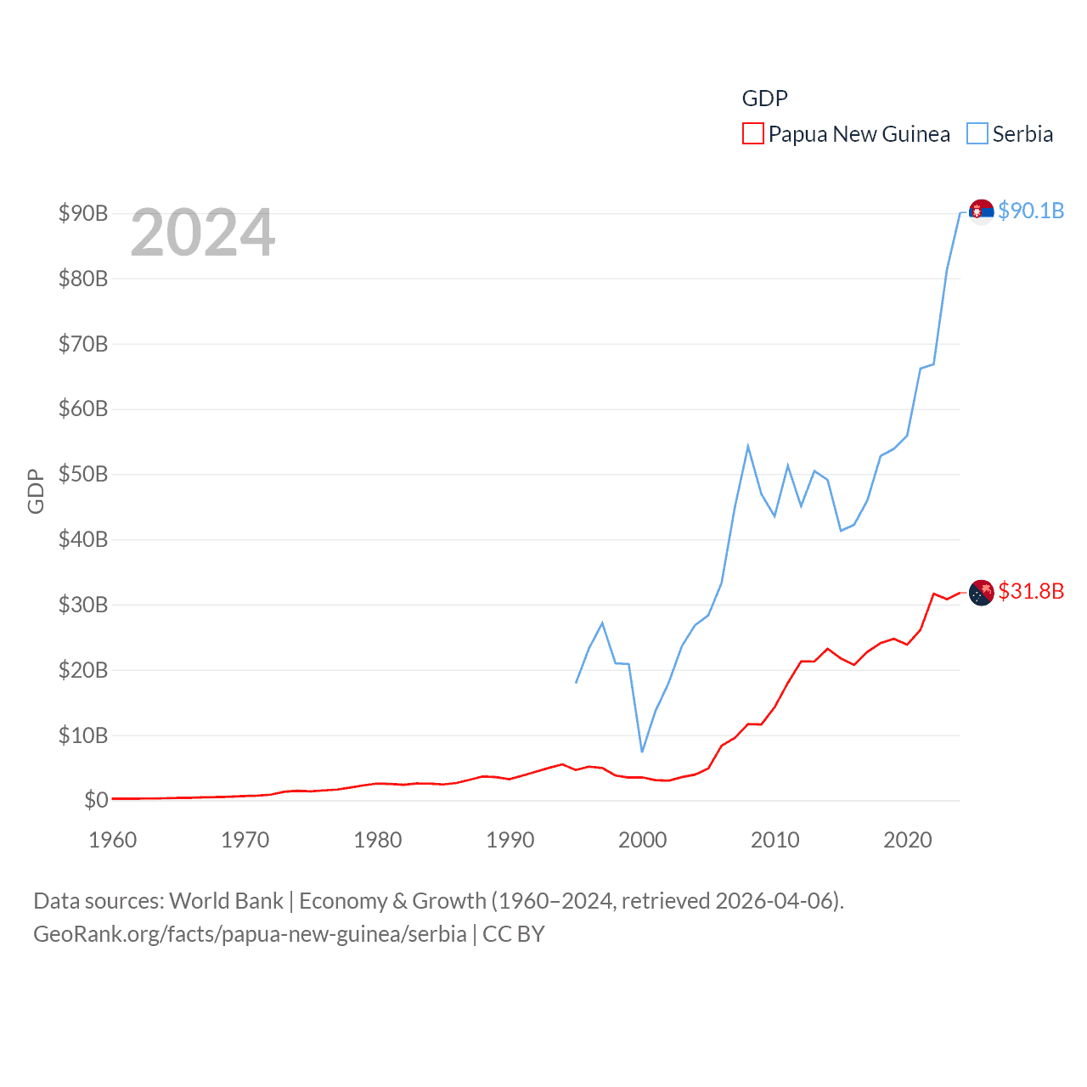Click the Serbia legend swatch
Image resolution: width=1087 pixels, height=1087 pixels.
[977, 134]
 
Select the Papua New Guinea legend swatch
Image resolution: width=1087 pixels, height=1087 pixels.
[752, 134]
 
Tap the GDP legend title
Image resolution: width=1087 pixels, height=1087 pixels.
[764, 99]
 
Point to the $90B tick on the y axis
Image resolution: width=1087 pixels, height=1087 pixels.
[83, 213]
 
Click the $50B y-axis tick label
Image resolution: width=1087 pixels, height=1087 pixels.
[83, 474]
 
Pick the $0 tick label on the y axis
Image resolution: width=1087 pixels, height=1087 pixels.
[96, 800]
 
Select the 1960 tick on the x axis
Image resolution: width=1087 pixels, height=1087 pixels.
[113, 840]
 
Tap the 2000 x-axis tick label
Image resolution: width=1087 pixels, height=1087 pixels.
[642, 840]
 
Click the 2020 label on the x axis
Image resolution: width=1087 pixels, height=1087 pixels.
[907, 840]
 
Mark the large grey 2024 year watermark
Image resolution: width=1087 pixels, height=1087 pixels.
[202, 233]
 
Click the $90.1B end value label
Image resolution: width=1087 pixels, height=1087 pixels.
[1031, 211]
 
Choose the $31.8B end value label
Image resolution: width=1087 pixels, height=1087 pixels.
[1031, 591]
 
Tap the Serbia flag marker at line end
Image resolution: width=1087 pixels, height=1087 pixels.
[982, 211]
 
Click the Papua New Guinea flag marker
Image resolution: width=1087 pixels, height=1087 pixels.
[982, 592]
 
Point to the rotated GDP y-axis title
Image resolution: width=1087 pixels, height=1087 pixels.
[36, 491]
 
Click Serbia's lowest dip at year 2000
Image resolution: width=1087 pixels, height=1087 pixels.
[642, 752]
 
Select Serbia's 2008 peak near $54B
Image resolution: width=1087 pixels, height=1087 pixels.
[748, 446]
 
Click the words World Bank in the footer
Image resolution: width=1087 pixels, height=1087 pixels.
[226, 901]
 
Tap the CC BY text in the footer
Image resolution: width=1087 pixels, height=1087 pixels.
[513, 934]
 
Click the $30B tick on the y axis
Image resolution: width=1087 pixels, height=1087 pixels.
[83, 605]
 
